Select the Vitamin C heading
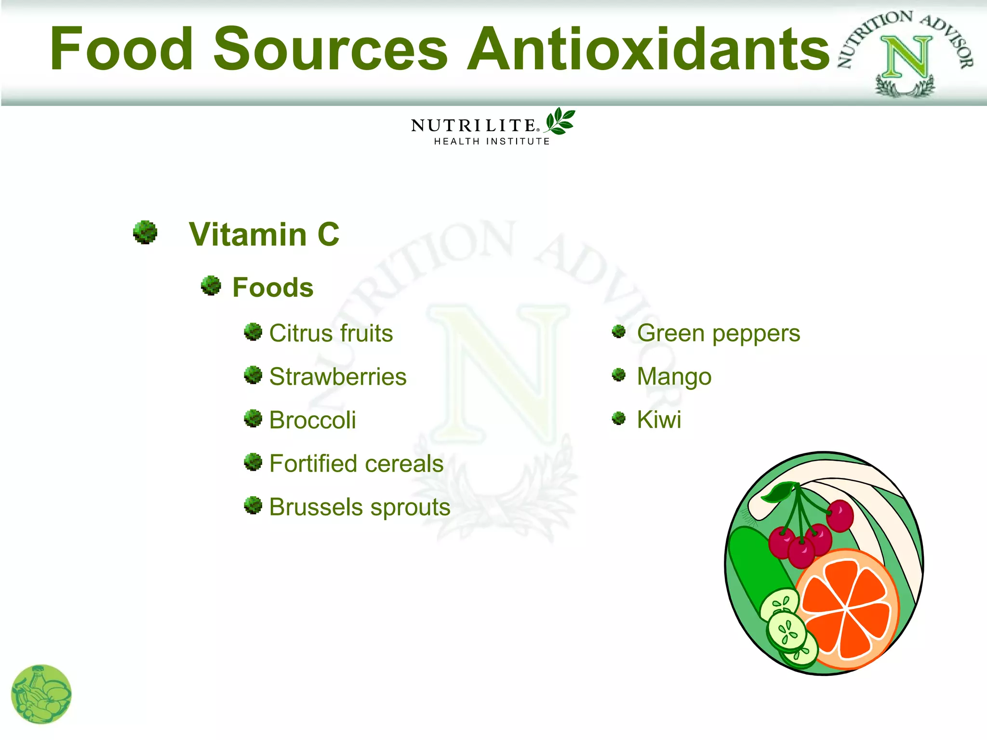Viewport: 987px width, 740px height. pyautogui.click(x=264, y=235)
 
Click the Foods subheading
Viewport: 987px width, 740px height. pyautogui.click(x=273, y=288)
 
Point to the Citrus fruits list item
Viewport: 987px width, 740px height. pyautogui.click(x=331, y=333)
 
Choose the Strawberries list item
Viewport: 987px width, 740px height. pyautogui.click(x=337, y=377)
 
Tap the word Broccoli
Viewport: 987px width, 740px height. pyautogui.click(x=312, y=420)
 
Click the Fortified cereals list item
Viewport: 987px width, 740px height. pyautogui.click(x=356, y=463)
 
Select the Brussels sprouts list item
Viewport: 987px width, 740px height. pyautogui.click(x=360, y=507)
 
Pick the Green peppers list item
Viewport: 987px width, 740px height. pyautogui.click(x=718, y=333)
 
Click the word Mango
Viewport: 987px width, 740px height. pyautogui.click(x=674, y=377)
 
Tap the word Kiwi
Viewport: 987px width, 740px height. pyautogui.click(x=659, y=420)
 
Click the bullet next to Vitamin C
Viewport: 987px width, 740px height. pyautogui.click(x=145, y=233)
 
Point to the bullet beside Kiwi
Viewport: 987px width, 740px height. pyautogui.click(x=619, y=418)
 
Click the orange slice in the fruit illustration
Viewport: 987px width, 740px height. pyautogui.click(x=847, y=609)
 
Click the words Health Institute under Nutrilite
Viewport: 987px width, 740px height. pyautogui.click(x=492, y=141)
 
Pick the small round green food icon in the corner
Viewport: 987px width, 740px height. pyautogui.click(x=41, y=694)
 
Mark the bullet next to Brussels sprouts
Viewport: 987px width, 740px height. pyautogui.click(x=253, y=505)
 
